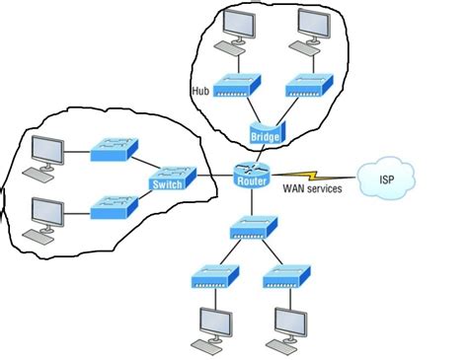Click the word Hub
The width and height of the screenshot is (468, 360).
point(200,91)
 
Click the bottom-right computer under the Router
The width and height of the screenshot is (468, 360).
point(288,325)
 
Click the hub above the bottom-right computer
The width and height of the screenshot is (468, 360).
point(287,277)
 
